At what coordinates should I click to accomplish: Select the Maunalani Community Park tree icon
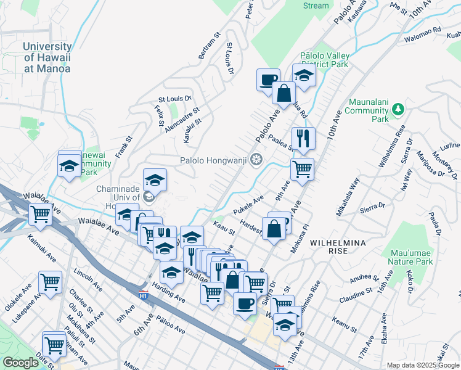(x=399, y=109)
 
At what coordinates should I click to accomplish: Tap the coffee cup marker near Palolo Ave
(x=267, y=80)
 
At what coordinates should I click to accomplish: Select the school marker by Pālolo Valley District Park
(x=304, y=76)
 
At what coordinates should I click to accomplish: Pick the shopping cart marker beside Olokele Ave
(x=51, y=282)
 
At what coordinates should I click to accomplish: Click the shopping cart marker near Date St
(x=54, y=344)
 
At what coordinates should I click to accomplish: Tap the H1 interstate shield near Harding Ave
(x=143, y=295)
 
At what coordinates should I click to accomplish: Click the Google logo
(x=20, y=363)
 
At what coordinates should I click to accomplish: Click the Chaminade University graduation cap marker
(x=155, y=181)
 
